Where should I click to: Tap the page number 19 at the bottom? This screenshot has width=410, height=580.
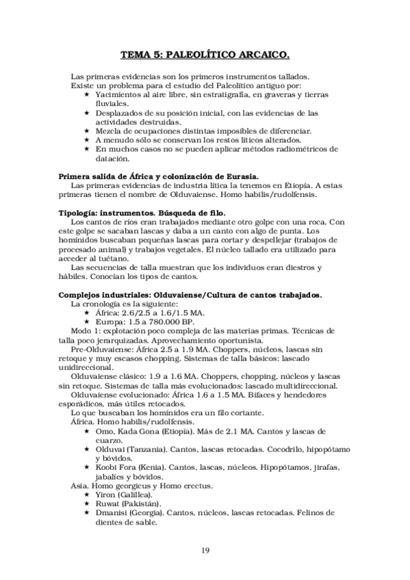click(205, 551)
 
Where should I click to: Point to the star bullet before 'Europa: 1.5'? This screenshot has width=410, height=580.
click(86, 321)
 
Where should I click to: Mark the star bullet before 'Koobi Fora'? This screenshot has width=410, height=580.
click(86, 466)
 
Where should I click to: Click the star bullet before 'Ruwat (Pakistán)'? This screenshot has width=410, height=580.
click(86, 503)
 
